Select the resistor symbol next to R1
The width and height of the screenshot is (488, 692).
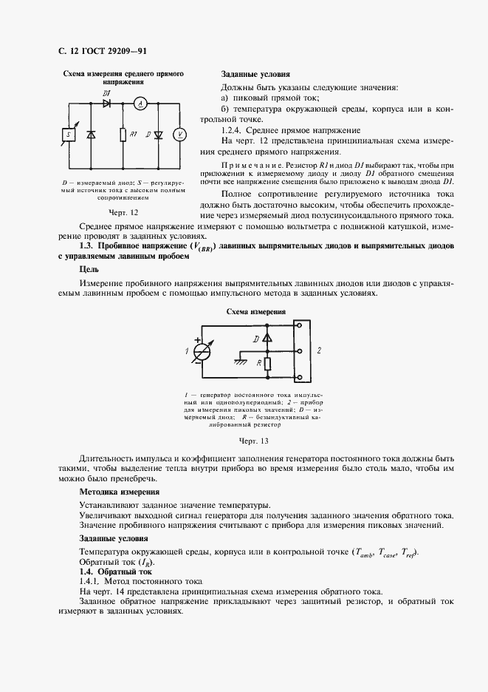tap(122, 135)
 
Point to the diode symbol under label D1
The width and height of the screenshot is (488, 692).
tap(106, 104)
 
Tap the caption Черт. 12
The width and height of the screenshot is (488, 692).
tap(123, 212)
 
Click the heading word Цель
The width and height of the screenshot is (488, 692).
tap(89, 271)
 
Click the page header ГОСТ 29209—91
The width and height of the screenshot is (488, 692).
tap(111, 51)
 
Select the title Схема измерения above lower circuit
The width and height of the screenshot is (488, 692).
tap(255, 313)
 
